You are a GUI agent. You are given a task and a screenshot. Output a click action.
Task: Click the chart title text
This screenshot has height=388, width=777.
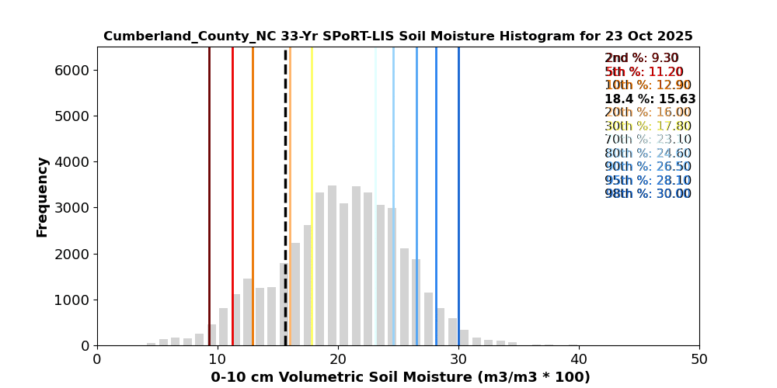coord(398,36)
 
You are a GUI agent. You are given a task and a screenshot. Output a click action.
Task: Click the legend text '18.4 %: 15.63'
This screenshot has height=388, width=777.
coord(650,99)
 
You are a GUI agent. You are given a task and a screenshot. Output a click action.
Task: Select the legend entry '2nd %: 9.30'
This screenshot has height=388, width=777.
coord(641,58)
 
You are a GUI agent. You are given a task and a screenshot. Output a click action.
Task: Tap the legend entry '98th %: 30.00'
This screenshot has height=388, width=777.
coord(647,194)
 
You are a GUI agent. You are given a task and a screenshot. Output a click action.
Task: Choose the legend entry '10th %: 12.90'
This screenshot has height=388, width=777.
coord(647,85)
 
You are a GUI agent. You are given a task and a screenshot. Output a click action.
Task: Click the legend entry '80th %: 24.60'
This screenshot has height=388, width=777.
coord(647,154)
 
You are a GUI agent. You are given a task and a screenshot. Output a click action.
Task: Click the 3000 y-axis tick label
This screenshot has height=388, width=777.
coord(72,208)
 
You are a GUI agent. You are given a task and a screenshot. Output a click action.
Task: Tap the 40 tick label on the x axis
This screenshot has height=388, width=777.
coord(579,359)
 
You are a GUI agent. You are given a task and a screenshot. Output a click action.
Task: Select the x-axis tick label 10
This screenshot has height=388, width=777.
coord(218,359)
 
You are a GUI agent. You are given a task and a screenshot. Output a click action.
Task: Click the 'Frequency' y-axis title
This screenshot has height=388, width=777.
coord(43,196)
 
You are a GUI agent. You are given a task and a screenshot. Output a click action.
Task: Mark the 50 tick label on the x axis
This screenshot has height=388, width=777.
coord(699,359)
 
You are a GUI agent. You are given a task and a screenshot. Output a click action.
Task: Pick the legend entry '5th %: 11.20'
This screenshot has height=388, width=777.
coord(643,72)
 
